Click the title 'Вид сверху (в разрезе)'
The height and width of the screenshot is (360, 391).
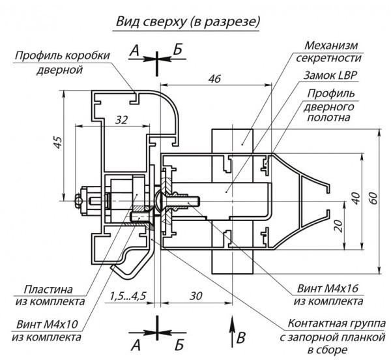tap(187, 22)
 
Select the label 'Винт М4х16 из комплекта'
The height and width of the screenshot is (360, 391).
tap(328, 294)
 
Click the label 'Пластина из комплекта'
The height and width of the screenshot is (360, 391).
tap(54, 295)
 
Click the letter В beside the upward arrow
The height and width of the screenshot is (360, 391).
tap(242, 338)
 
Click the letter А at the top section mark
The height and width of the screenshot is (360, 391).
tap(135, 51)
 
